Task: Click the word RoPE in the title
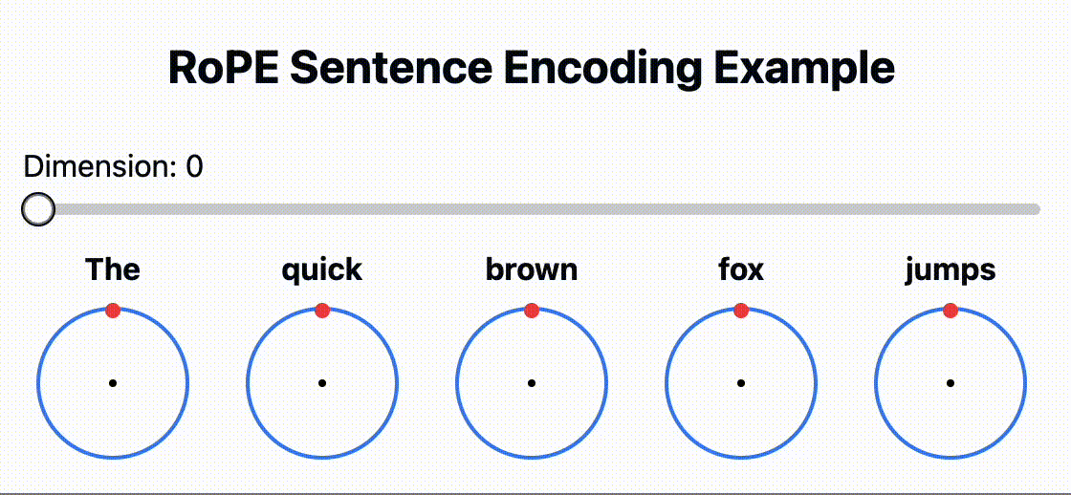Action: [x=224, y=68]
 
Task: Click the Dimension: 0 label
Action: [x=114, y=166]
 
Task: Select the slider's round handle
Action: [x=38, y=209]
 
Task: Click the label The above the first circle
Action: [x=113, y=269]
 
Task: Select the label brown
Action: [x=532, y=269]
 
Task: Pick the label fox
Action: [x=741, y=269]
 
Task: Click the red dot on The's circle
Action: [x=114, y=311]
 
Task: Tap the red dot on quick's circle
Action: [x=322, y=311]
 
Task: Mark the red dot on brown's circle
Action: [x=532, y=311]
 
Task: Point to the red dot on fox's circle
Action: [x=741, y=311]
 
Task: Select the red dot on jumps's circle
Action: [x=951, y=311]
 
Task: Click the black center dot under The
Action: [x=113, y=384]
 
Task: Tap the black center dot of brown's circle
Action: [x=532, y=384]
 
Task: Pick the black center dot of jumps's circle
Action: [x=951, y=384]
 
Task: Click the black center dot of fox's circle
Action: [x=740, y=384]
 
